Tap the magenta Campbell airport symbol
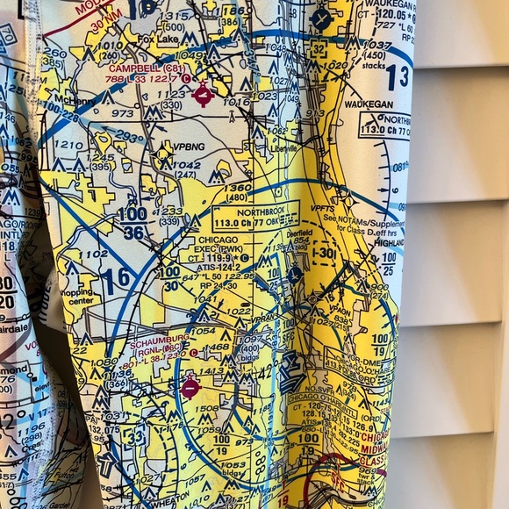[x=204, y=93]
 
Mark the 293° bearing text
[x=130, y=138]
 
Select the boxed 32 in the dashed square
[x=319, y=51]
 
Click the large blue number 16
[x=114, y=280]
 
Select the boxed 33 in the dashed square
[x=135, y=435]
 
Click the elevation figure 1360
[x=238, y=187]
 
